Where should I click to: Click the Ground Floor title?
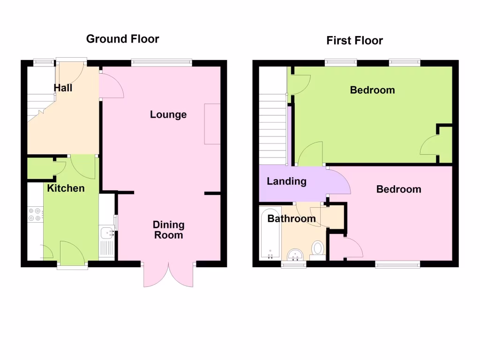click(x=122, y=39)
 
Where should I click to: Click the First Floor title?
click(x=354, y=41)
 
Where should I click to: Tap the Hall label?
click(x=63, y=88)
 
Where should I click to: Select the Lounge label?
click(x=168, y=114)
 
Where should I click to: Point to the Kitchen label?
click(x=66, y=188)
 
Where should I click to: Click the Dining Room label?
click(x=168, y=230)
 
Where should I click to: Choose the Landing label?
click(x=286, y=181)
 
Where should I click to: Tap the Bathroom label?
click(x=292, y=218)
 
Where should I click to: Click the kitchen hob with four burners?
click(x=35, y=214)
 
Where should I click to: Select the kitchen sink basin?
click(x=107, y=232)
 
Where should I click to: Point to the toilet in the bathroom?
click(x=318, y=249)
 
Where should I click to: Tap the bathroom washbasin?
click(x=295, y=254)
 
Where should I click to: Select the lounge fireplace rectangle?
click(x=212, y=124)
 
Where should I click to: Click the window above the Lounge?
click(x=162, y=62)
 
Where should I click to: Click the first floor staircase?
click(x=272, y=127)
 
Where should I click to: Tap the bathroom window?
click(x=293, y=265)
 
